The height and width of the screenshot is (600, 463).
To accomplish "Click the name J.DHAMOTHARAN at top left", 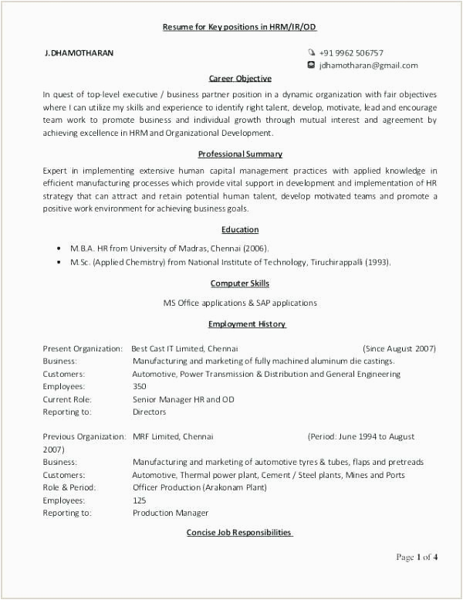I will point(79,53).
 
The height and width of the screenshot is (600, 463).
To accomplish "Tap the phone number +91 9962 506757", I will point(351,53).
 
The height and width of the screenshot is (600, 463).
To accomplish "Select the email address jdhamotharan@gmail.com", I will point(368,66).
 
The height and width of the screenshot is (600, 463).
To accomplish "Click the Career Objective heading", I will point(240,79).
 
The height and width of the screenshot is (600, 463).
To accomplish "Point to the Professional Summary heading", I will point(240,154).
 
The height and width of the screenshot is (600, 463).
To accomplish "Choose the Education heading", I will point(240,230).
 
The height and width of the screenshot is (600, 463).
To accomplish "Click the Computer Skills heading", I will point(240,284).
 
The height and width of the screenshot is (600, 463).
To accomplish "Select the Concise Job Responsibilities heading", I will point(239,533).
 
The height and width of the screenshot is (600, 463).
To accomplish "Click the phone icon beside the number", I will point(311,53).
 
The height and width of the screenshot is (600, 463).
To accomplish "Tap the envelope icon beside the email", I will point(311,66).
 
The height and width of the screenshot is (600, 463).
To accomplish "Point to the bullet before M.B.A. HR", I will point(59,249).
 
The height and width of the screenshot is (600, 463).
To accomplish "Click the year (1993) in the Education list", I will point(378,263).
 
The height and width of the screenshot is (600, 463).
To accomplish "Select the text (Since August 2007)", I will point(399,349).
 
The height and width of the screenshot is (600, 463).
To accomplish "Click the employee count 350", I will point(140,387).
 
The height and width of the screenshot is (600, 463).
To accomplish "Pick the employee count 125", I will point(140,500).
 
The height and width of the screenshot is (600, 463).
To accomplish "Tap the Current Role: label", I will point(67,399).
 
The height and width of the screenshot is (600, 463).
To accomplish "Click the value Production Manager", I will point(171,513).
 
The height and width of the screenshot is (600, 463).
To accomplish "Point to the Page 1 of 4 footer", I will point(417,558).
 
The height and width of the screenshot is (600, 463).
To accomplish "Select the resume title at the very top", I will point(239,27).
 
